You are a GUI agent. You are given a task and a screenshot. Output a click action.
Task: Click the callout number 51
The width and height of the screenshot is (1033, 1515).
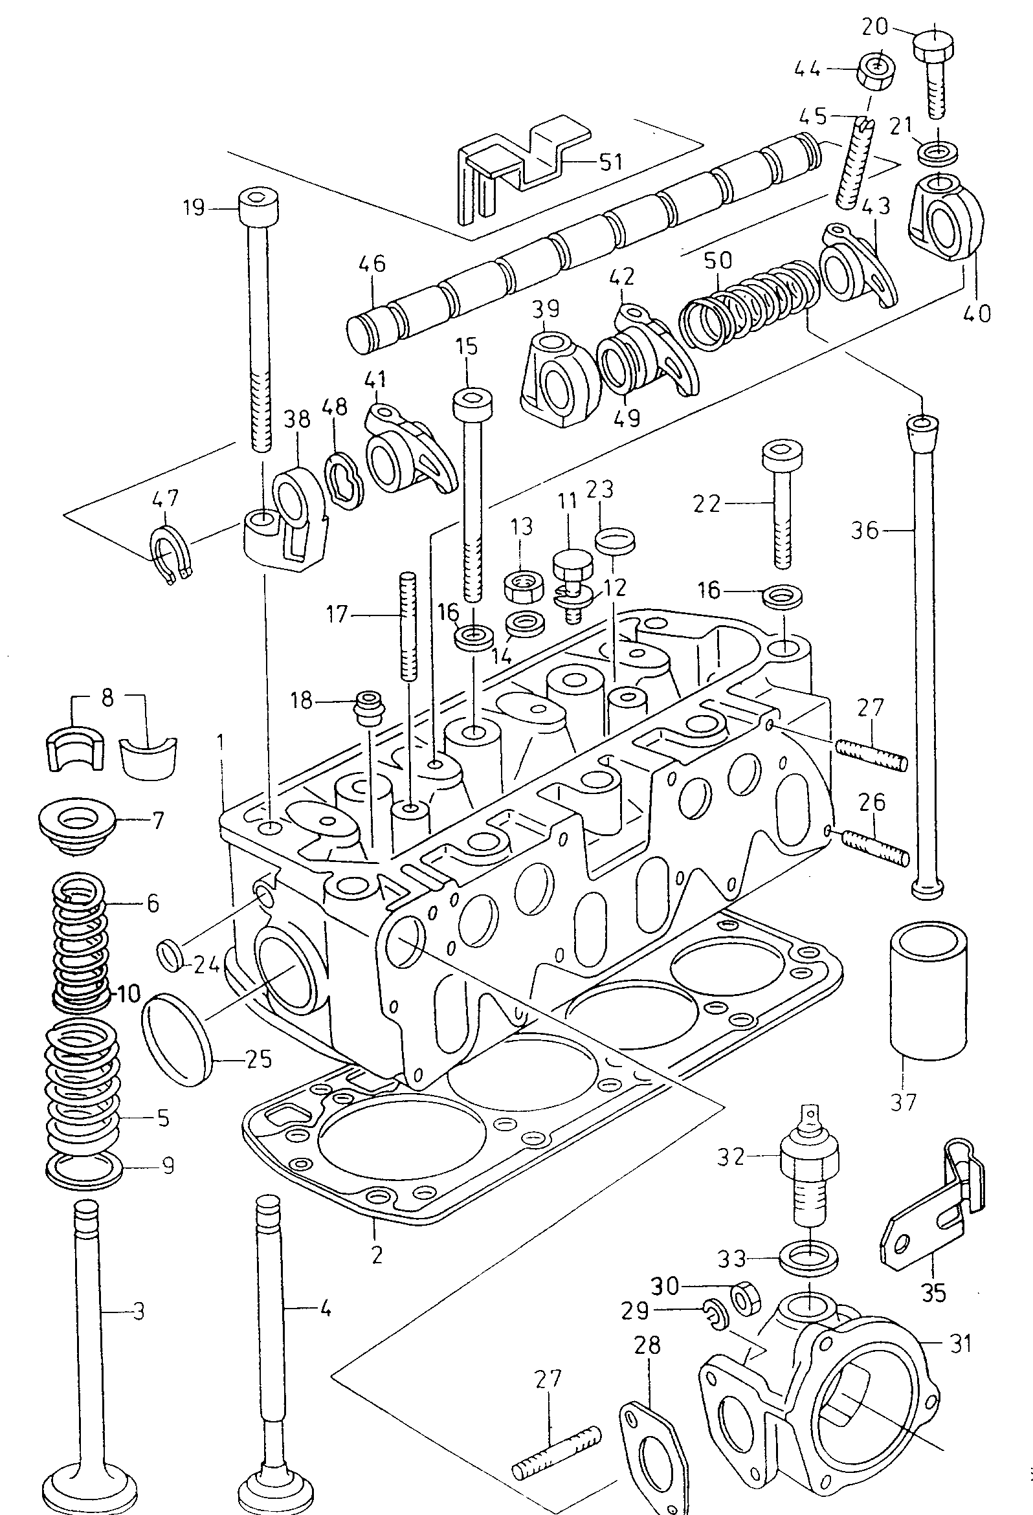click(x=610, y=162)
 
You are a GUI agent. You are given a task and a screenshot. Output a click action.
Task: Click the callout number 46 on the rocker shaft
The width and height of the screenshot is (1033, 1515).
click(x=372, y=264)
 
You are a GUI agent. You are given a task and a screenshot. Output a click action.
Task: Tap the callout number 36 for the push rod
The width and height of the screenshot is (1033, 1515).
click(x=865, y=531)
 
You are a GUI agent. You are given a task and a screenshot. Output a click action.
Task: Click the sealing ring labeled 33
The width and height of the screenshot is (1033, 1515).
click(x=809, y=1260)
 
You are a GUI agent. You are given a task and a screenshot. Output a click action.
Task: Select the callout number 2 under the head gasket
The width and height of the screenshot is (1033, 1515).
click(x=376, y=1254)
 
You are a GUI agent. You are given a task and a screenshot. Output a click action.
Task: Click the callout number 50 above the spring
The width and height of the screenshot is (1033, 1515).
click(x=718, y=261)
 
